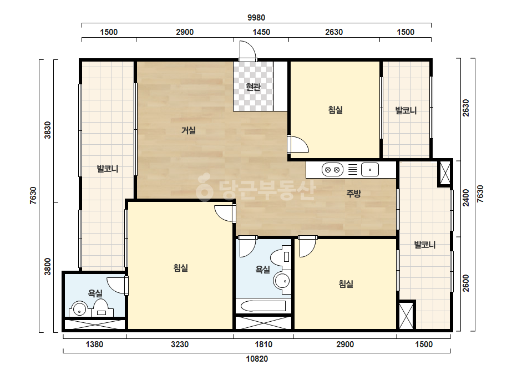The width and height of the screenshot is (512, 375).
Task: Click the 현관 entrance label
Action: (x=253, y=87)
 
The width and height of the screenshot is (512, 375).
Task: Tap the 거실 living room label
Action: (x=189, y=131)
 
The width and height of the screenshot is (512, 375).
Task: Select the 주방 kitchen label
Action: (x=354, y=194)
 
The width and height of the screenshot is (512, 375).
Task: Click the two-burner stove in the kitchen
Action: (x=332, y=170)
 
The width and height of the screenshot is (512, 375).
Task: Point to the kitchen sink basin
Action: (x=370, y=170)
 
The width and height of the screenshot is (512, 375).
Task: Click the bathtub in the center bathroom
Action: (x=263, y=306)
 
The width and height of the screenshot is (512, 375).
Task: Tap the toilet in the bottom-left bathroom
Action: (x=101, y=308)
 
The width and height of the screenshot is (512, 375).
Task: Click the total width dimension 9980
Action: (x=256, y=18)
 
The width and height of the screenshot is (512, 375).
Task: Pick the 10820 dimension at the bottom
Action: (x=257, y=359)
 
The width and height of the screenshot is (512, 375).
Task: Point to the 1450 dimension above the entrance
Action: (x=261, y=32)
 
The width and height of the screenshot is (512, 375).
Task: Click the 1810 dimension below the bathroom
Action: (x=263, y=344)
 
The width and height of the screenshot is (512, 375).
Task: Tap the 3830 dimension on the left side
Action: (x=48, y=130)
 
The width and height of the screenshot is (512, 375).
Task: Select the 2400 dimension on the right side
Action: (x=465, y=198)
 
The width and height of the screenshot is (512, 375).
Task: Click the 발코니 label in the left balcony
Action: (x=108, y=169)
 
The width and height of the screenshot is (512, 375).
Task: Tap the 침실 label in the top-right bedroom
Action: (x=336, y=109)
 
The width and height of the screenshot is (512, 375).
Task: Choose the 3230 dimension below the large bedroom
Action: (x=180, y=344)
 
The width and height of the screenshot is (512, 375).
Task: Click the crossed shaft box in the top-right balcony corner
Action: (x=445, y=173)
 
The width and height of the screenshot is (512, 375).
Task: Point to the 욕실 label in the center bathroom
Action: (x=263, y=270)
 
